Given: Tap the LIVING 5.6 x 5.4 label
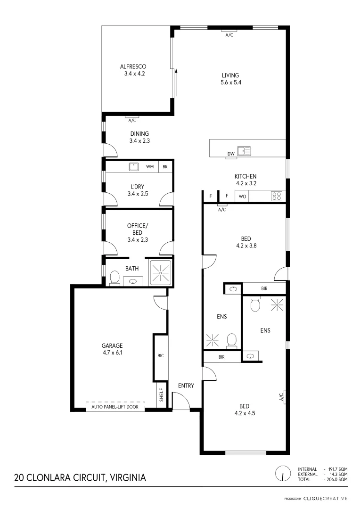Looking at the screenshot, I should (231, 79).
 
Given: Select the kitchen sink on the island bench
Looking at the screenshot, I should (244, 151).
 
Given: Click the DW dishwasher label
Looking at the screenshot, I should (231, 154).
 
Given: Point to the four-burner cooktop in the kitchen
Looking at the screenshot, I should (277, 196).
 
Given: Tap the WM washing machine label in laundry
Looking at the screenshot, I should (150, 167).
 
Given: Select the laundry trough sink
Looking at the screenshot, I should (133, 167).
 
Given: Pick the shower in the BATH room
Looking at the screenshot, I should (161, 272).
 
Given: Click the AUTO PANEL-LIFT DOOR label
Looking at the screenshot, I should (115, 407).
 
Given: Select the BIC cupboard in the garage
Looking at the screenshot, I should (160, 356).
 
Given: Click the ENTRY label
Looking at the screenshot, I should (186, 386).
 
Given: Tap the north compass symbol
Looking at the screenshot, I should (282, 473).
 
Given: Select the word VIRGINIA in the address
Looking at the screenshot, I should (128, 477).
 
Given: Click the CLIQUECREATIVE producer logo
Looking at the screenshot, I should (325, 498).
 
